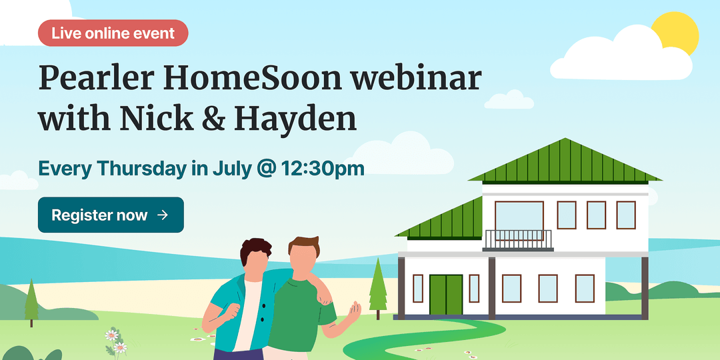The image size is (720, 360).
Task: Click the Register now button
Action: click(111, 215)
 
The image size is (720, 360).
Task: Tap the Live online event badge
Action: click(113, 33)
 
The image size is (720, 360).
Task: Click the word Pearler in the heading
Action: click(97, 79)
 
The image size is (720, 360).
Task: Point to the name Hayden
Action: click(295, 119)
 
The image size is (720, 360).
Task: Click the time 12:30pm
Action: click(323, 169)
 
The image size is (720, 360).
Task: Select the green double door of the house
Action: click(446, 295)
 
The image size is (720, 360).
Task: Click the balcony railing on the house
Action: click(519, 240)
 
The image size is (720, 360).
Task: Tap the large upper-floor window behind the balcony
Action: click(519, 216)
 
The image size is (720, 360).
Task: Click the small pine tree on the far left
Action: click(31, 303)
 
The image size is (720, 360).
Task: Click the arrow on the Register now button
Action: click(163, 215)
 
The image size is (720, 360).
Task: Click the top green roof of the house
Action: click(565, 161)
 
